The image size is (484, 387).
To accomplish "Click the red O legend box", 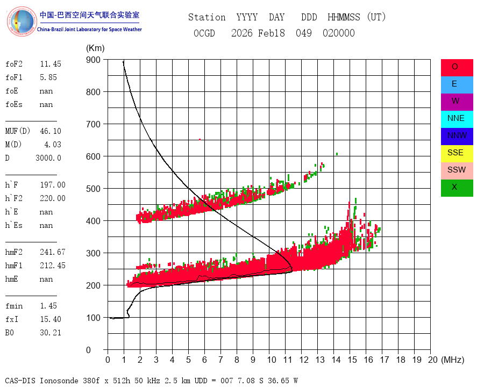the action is click(x=457, y=68).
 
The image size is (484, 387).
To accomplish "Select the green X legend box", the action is click(x=457, y=188).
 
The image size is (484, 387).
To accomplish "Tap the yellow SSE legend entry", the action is click(x=457, y=154).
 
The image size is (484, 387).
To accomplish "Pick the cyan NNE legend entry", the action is click(x=457, y=119).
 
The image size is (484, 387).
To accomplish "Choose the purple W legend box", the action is click(x=457, y=102).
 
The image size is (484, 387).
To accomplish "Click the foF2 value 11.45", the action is click(x=51, y=64).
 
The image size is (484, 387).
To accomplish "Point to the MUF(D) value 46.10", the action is click(x=51, y=131).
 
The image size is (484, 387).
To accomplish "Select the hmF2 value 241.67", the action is click(x=53, y=252).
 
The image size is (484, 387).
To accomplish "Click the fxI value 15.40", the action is click(x=51, y=319).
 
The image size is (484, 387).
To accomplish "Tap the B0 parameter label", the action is click(x=10, y=333).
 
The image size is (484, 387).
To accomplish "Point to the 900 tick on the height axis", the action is click(x=93, y=60).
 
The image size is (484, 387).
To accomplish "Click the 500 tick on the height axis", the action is click(x=93, y=189).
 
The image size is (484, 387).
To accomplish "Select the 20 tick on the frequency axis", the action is click(x=433, y=360).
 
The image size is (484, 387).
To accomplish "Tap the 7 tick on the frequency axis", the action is click(x=220, y=360).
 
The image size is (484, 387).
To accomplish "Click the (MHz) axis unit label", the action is click(x=453, y=360).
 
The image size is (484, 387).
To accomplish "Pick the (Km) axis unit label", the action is click(x=95, y=48).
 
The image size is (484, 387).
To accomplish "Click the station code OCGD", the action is click(x=204, y=33).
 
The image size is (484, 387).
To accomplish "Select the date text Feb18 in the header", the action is click(x=272, y=33).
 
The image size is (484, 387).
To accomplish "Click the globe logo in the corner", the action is click(x=22, y=21).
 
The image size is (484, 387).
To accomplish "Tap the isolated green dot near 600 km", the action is click(x=337, y=154).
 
